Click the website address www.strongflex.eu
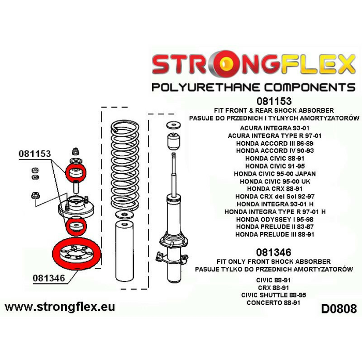60,307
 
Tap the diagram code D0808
339,309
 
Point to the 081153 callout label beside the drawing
35,154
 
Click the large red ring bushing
76,254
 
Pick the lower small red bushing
76,225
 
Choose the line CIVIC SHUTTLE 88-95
274,294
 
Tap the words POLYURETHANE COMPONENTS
253,86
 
